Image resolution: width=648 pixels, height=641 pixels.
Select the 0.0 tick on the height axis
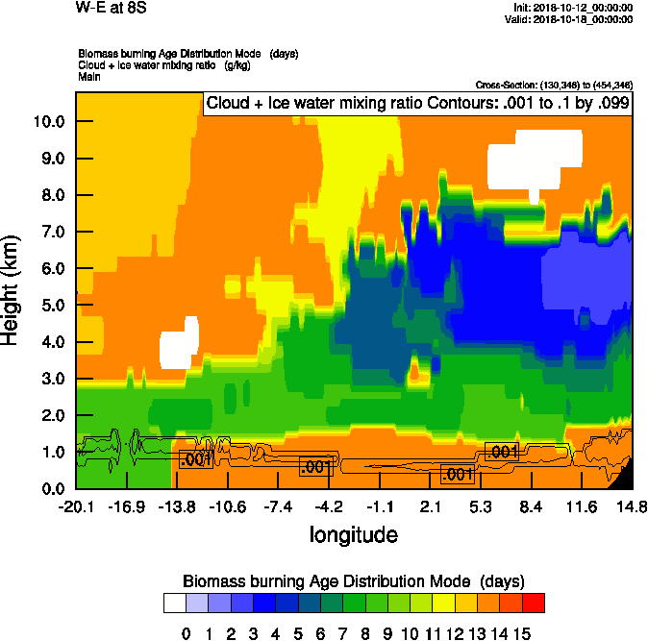pos(51,488)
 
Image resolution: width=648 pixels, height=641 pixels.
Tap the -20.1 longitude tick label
pos(76,506)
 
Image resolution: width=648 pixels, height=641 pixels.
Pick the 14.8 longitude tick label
pos(632,506)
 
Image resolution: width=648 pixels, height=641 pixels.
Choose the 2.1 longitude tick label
pos(430,506)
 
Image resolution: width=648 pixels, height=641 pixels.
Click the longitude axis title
pos(353,533)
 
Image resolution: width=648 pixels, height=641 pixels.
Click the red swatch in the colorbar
pos(534,604)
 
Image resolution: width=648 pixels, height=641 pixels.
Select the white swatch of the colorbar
pos(174,604)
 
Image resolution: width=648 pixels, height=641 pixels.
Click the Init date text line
pos(574,8)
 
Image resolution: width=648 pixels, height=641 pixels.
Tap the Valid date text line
pos(574,19)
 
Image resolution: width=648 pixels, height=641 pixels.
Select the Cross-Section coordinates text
pos(554,85)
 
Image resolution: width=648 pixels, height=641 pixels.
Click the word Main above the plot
pos(89,76)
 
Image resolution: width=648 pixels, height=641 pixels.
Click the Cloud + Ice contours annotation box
pos(417,103)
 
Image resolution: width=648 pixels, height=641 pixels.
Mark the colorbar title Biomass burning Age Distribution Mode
pos(354,582)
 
